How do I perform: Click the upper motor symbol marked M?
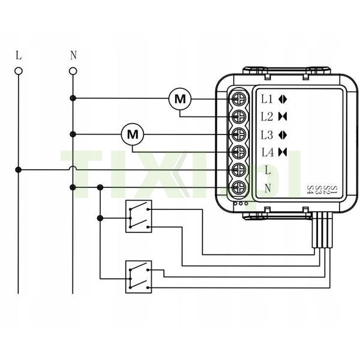(x=179, y=98)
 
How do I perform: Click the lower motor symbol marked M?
(x=133, y=134)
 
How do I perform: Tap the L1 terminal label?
(x=267, y=98)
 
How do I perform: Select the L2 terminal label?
(x=267, y=116)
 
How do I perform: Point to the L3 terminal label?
(x=267, y=134)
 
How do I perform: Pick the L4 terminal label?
(x=267, y=152)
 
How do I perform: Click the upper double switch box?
(x=139, y=216)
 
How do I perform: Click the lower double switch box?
(x=139, y=277)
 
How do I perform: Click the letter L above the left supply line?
(x=19, y=56)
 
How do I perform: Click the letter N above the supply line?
(x=73, y=56)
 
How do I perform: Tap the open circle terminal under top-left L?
(x=19, y=71)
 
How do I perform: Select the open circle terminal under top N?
(x=73, y=71)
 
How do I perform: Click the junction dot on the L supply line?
(x=19, y=170)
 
